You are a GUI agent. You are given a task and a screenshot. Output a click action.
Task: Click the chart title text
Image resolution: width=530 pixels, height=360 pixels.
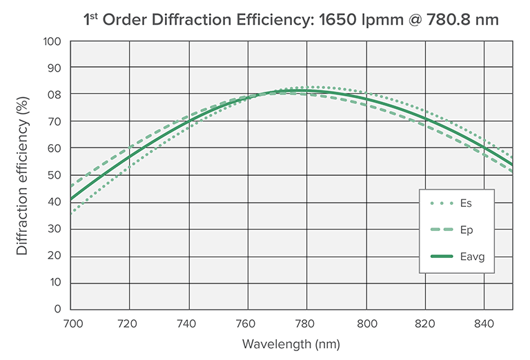291,19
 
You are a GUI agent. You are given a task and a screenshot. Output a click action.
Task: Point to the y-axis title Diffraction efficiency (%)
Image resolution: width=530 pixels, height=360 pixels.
23,175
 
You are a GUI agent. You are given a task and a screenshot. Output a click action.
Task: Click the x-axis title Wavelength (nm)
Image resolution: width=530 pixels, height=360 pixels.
291,343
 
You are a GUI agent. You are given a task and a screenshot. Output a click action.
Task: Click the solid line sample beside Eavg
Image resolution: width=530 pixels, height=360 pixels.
440,257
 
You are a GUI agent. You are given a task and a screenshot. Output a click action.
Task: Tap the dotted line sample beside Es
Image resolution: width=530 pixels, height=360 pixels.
440,203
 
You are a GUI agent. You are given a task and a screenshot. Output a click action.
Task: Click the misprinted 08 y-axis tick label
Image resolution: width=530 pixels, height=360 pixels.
55,94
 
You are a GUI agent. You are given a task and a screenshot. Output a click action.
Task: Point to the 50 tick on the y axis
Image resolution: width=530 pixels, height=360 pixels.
55,175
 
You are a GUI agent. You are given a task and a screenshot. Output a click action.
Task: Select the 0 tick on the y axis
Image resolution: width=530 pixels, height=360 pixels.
58,309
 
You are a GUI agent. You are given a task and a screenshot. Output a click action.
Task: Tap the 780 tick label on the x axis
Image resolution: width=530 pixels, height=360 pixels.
307,321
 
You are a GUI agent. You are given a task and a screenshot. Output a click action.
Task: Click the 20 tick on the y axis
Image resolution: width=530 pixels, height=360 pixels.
55,256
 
